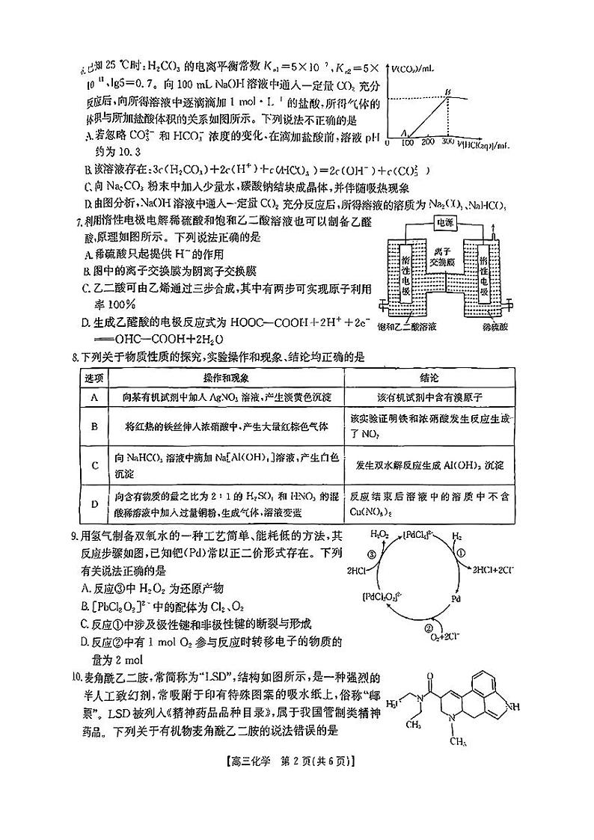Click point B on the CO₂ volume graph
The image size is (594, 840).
[x=447, y=92]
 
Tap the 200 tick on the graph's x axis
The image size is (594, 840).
[x=429, y=141]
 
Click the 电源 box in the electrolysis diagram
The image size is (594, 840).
[x=451, y=223]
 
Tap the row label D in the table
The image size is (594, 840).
[x=95, y=504]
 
